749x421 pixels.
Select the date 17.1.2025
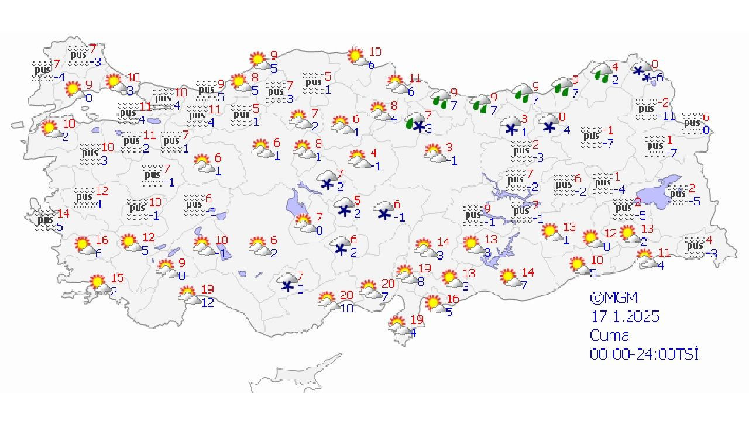pyautogui.click(x=624, y=317)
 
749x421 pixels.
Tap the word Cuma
pyautogui.click(x=609, y=336)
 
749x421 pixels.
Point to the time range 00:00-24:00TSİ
pyautogui.click(x=644, y=354)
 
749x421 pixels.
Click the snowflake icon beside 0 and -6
pyautogui.click(x=642, y=73)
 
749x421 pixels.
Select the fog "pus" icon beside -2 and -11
pyautogui.click(x=646, y=109)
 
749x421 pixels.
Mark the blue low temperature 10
pyautogui.click(x=347, y=308)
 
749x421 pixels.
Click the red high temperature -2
pyautogui.click(x=664, y=103)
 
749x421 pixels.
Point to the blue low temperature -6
pyautogui.click(x=659, y=77)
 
